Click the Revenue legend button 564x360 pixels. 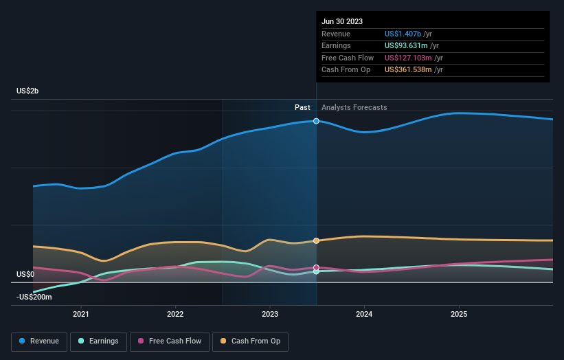tap(39, 341)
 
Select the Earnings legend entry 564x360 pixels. tap(98, 341)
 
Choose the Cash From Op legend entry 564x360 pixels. tap(255, 341)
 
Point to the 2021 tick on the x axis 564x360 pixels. tap(81, 314)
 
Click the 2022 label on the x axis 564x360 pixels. tap(175, 314)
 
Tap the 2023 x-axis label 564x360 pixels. tap(270, 314)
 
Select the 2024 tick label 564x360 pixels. tap(364, 314)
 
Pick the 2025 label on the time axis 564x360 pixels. tap(458, 314)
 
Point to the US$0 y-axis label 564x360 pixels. tap(25, 274)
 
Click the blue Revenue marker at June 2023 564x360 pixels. tap(316, 121)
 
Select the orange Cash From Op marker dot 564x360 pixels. tap(316, 240)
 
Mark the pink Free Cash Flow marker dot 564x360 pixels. tap(316, 267)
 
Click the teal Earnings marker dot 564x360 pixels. tap(316, 271)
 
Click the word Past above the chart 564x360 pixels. tap(302, 108)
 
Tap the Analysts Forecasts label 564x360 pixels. tap(354, 108)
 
